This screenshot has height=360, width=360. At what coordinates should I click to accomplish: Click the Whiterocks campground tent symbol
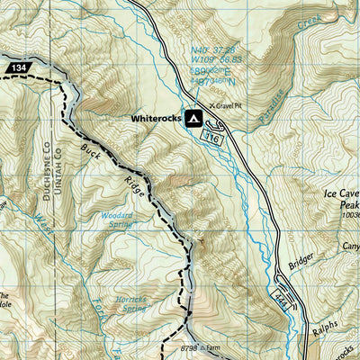(193, 118)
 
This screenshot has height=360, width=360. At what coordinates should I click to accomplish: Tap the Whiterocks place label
(155, 118)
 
